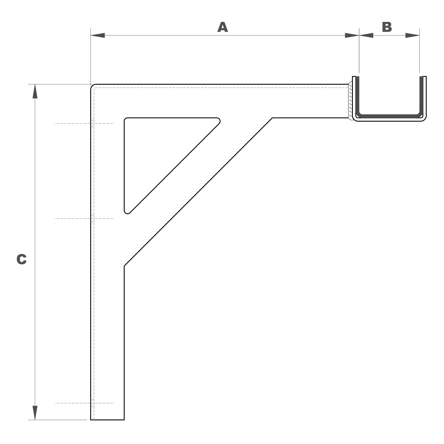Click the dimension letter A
pos(223,27)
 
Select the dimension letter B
pos(387,27)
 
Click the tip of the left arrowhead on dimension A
pos(91,36)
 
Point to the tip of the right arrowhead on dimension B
pos(419,36)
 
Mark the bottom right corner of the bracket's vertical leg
pos(124,420)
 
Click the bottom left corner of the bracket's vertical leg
pos(91,420)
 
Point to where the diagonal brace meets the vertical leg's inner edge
pos(124,266)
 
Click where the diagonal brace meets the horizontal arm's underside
pos(272,118)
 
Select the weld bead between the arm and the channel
pos(350,101)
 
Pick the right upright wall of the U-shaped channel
pos(423,96)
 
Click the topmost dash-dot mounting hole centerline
pos(84,123)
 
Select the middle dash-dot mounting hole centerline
pos(84,218)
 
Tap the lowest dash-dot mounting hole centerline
pos(84,403)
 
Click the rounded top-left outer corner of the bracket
pos(92,86)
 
